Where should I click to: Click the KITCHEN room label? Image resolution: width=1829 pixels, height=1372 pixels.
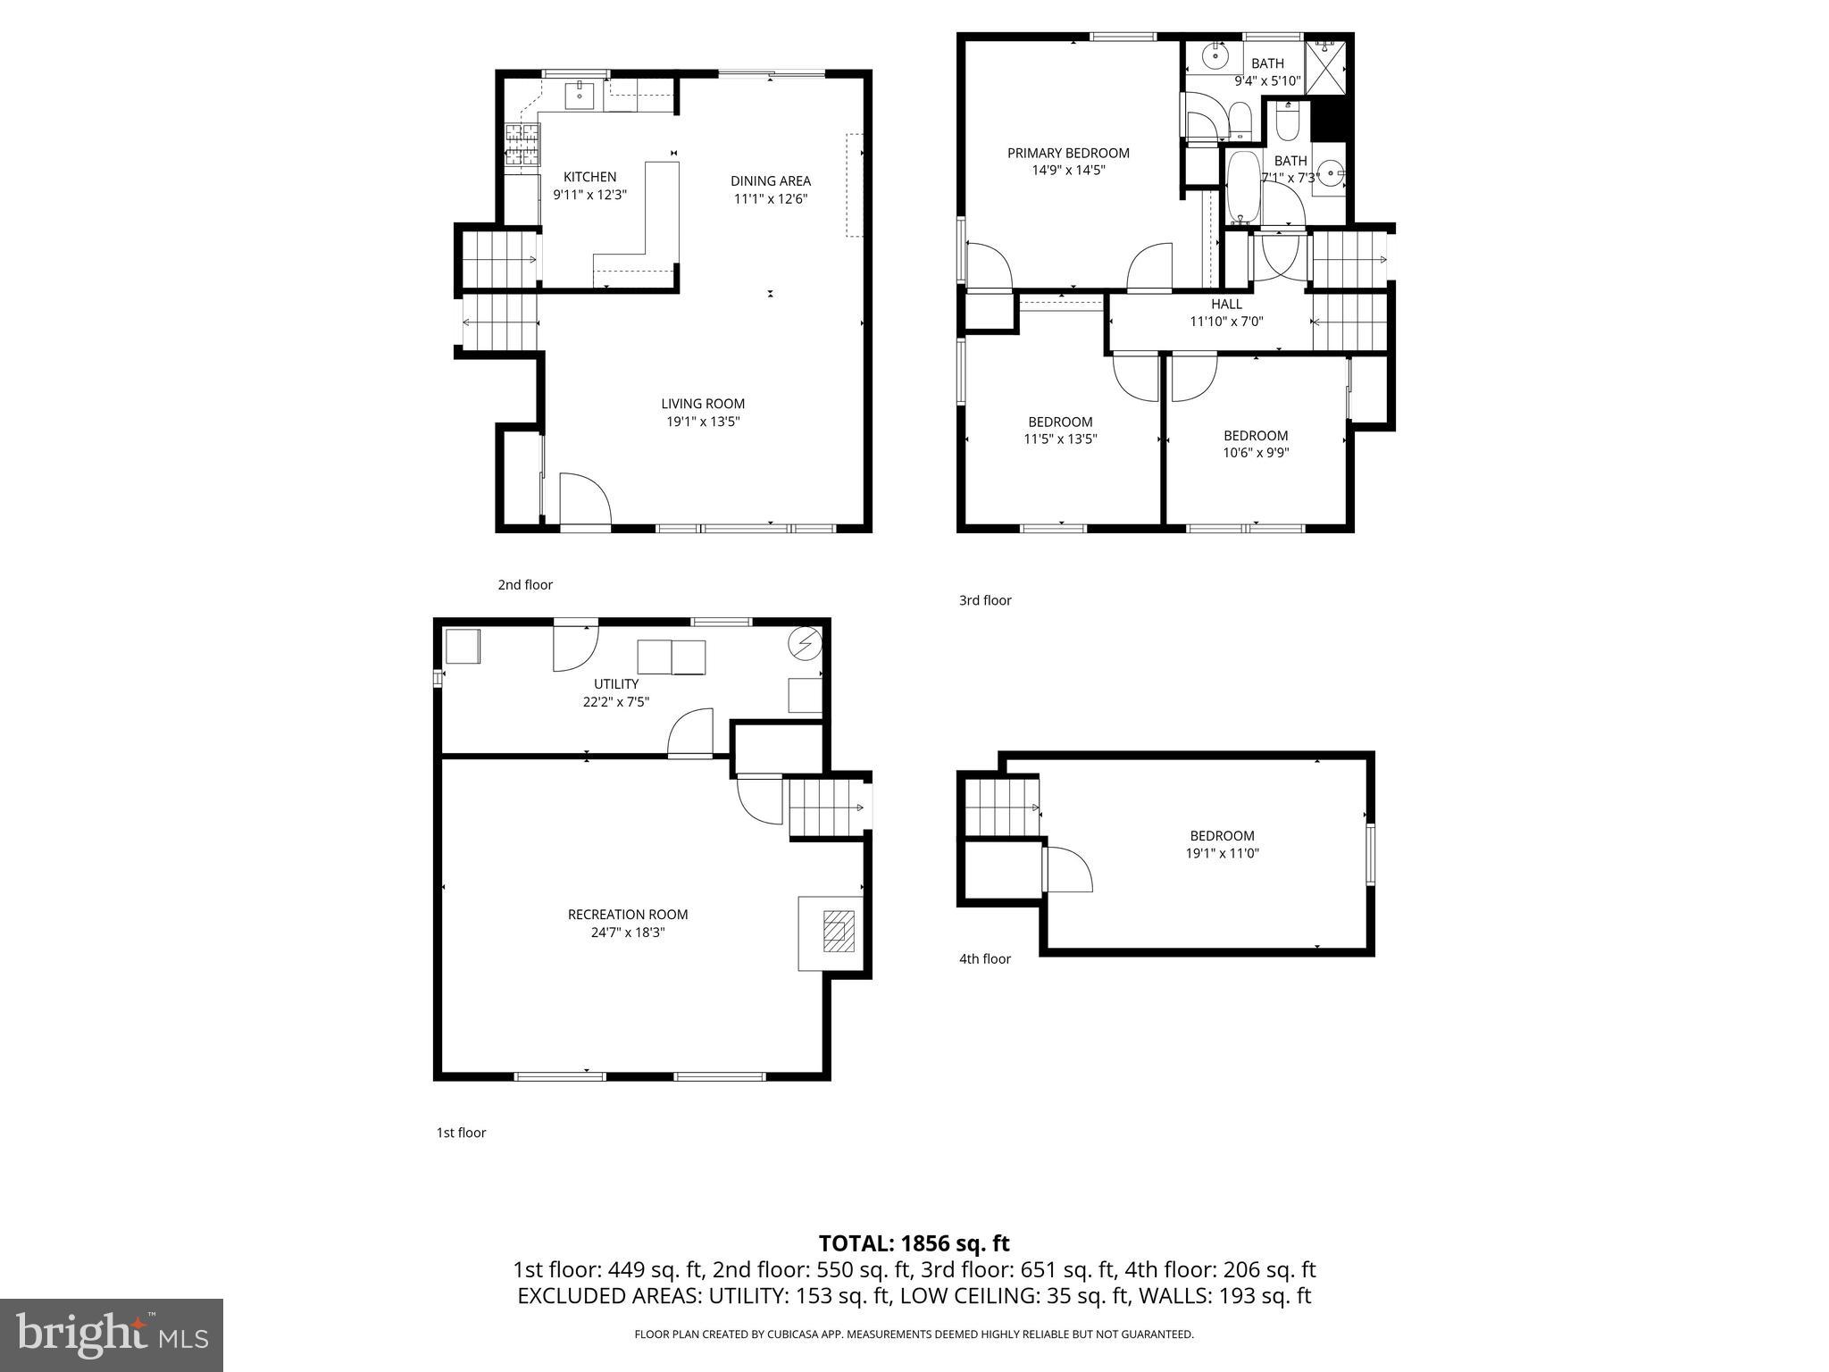point(589,177)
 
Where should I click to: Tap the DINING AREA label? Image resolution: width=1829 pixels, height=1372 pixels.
point(770,180)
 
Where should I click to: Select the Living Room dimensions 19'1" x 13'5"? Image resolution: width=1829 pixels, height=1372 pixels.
point(703,422)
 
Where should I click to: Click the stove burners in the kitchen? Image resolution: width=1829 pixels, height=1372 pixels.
point(522,144)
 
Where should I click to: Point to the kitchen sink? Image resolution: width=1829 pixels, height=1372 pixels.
point(579,92)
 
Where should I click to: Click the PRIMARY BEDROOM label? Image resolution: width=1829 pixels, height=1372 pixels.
point(1068,153)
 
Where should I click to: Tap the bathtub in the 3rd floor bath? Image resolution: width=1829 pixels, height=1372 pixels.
point(1242,188)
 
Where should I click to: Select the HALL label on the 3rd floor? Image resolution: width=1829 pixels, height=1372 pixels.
point(1226,304)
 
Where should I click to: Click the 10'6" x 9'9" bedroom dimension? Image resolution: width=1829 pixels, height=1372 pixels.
point(1256,452)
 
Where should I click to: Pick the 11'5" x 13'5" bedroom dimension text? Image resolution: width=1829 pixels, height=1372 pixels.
point(1060,439)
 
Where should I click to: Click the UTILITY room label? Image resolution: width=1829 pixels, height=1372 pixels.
point(615,683)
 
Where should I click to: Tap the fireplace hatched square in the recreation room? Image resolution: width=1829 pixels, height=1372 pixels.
point(838,932)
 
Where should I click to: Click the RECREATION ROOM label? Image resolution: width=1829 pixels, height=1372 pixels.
point(628,914)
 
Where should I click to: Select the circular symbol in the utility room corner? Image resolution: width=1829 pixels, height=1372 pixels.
point(804,642)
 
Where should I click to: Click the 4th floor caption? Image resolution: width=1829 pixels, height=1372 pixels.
point(984,958)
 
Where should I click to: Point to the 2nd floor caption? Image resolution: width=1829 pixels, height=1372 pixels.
point(525,584)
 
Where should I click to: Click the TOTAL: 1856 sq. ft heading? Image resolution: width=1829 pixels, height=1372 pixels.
point(914,1243)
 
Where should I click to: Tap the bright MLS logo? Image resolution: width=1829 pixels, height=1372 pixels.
point(111,1334)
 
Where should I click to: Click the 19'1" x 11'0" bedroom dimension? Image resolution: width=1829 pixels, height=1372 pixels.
point(1222,853)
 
